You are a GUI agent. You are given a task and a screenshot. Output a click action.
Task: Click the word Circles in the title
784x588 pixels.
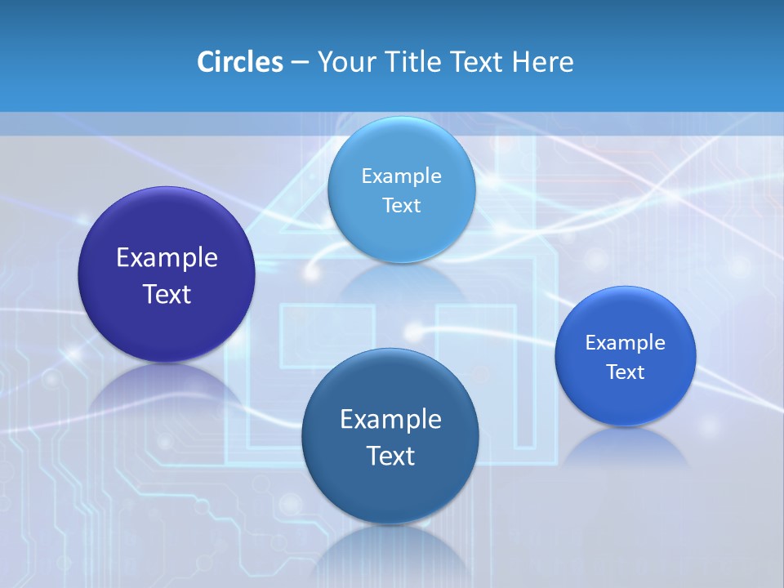239,62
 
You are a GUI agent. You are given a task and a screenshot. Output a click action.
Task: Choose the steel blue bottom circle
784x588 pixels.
390,490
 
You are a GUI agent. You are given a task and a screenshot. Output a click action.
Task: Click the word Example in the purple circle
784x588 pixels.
167,258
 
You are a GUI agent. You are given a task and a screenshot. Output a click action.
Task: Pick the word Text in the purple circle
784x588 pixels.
167,294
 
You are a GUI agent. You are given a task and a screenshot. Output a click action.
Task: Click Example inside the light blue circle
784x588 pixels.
401,176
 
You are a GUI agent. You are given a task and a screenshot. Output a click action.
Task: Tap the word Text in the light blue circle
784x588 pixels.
401,205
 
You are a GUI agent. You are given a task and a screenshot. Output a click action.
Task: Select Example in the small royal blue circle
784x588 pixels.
626,342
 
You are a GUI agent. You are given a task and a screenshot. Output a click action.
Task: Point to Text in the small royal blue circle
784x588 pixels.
626,372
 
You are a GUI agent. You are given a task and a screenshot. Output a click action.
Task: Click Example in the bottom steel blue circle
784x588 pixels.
390,419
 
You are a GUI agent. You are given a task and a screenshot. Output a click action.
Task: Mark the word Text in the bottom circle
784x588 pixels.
390,456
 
